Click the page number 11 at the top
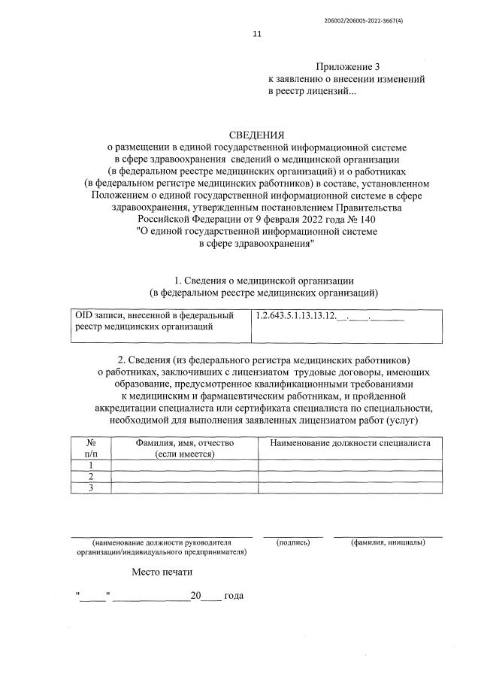point(256,34)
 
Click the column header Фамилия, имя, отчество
point(184,443)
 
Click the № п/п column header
point(90,448)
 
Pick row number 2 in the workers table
point(90,477)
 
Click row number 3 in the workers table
point(90,488)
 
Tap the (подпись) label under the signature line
point(293,542)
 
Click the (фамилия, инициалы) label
point(388,542)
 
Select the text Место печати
point(163,572)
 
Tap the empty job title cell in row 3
point(350,488)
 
